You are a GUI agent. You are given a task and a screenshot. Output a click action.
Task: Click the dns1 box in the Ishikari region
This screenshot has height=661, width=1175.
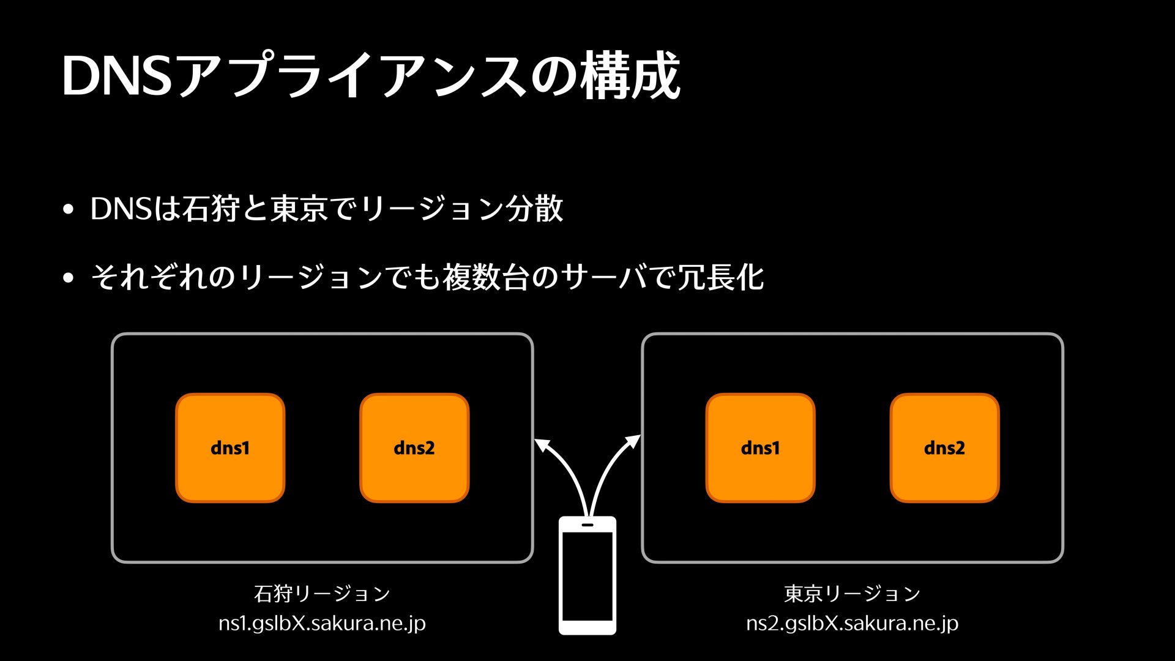230,448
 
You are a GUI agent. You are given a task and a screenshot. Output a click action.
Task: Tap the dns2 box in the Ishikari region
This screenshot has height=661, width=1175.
414,448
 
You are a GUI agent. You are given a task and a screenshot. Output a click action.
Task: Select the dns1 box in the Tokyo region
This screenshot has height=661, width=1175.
761,448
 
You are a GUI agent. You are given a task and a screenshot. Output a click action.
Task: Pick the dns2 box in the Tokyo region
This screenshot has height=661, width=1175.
945,448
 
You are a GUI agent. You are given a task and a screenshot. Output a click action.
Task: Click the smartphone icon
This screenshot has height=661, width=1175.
587,575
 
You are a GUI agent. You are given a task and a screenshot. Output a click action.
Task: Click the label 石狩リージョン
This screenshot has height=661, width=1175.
322,593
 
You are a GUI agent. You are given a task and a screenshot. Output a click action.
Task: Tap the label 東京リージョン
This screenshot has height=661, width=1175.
852,593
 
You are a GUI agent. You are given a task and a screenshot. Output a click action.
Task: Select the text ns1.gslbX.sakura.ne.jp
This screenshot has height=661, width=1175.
322,623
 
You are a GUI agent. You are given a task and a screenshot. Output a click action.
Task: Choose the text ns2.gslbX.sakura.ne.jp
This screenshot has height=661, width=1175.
852,623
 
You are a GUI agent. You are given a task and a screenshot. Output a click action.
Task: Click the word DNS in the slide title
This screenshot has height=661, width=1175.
117,76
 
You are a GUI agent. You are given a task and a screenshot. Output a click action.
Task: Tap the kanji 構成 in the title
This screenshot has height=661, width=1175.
631,75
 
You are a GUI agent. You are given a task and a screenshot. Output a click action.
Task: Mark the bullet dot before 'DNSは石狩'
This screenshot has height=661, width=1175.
68,209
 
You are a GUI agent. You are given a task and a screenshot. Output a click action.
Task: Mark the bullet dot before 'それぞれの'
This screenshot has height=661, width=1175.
68,278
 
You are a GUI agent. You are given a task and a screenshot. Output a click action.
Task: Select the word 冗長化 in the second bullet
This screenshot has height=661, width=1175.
720,277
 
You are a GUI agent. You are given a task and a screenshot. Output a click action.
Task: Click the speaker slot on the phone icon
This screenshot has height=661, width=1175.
587,525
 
